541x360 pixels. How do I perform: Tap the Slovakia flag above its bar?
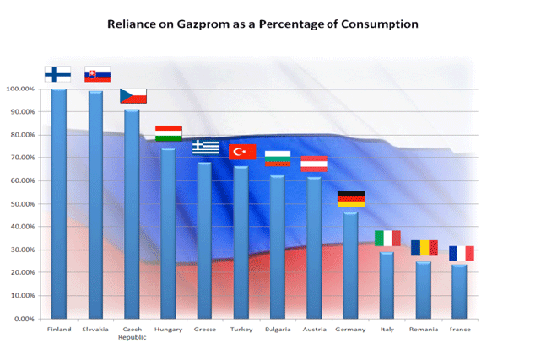(x=97, y=74)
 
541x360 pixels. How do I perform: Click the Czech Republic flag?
(x=133, y=95)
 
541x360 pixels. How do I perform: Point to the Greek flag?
(x=206, y=147)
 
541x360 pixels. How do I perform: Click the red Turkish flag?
(x=242, y=150)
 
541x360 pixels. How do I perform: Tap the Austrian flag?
(x=314, y=163)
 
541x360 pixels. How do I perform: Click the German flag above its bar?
(x=351, y=198)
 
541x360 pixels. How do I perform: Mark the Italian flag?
(x=388, y=238)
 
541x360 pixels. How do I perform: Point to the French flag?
(x=460, y=253)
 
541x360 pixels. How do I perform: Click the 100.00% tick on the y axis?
(x=21, y=90)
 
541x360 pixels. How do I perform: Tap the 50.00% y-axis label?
(x=22, y=204)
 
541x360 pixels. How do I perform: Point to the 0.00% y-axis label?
(x=23, y=319)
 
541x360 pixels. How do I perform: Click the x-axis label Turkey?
(x=242, y=329)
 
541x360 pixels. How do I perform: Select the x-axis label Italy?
(x=388, y=329)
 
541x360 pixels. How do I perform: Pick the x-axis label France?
(x=460, y=329)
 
